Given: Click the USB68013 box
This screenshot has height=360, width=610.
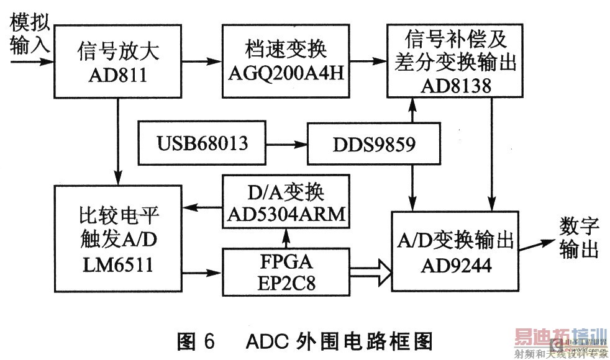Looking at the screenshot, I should click(202, 144).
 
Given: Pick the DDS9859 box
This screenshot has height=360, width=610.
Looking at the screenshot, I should click(375, 144).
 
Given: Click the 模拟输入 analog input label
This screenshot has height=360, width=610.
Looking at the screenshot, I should click(29, 35).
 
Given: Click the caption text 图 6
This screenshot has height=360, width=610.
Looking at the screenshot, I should click(196, 341).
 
